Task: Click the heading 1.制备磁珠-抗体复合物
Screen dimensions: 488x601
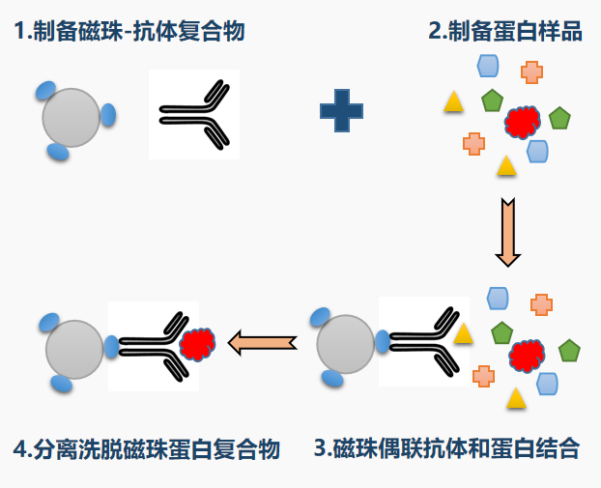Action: click(x=129, y=31)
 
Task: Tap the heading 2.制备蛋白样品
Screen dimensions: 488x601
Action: click(x=505, y=31)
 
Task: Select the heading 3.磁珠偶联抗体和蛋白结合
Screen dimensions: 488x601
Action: click(x=446, y=448)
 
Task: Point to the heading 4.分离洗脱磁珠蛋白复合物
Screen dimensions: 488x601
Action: click(x=147, y=449)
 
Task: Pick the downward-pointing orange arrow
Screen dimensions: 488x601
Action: click(x=507, y=232)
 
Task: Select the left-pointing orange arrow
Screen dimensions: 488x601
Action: click(x=262, y=341)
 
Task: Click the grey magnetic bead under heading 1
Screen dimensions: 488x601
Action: click(x=72, y=118)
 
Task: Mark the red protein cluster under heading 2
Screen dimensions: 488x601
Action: click(x=522, y=121)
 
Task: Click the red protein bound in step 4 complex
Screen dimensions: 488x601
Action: click(x=197, y=344)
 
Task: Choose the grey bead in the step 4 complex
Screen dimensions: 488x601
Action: click(x=73, y=348)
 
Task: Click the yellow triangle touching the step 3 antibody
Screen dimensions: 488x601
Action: click(x=464, y=333)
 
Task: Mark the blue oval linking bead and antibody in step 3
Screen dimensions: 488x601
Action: click(x=383, y=341)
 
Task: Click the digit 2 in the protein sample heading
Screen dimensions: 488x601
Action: click(x=435, y=31)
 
